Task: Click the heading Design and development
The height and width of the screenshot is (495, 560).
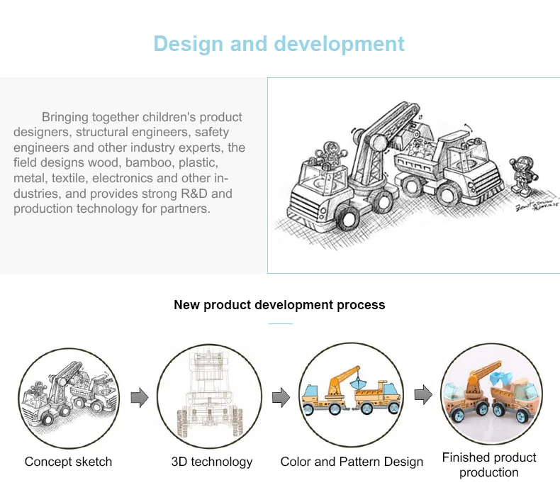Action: click(279, 44)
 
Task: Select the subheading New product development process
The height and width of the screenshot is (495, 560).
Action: click(279, 305)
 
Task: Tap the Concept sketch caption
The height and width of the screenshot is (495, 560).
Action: click(68, 462)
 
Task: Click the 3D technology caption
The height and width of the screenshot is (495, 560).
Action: click(212, 462)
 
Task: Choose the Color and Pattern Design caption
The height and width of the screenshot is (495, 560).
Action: click(352, 462)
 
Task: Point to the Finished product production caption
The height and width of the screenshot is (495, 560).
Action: click(489, 465)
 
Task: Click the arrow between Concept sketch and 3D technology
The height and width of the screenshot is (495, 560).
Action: click(140, 398)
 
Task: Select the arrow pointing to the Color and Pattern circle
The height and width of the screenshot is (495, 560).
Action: click(281, 398)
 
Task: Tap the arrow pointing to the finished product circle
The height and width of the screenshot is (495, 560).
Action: click(423, 396)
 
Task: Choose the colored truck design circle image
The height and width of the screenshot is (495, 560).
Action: click(351, 396)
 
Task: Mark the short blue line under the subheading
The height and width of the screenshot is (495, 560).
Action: click(280, 323)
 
